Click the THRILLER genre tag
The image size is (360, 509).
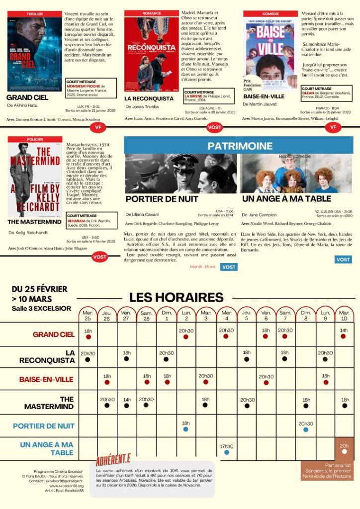click(34, 14)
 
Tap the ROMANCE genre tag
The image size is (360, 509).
click(151, 13)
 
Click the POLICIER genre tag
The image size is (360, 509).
click(35, 139)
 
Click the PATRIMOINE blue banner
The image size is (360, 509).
click(240, 146)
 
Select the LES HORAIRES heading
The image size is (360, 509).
click(177, 297)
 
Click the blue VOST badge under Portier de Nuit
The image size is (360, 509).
click(229, 267)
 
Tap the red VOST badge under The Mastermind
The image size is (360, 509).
click(99, 257)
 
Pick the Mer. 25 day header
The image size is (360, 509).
click(88, 315)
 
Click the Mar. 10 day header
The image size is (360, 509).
click(344, 315)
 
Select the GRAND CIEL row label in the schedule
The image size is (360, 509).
click(54, 335)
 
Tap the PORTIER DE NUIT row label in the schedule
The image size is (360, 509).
click(44, 426)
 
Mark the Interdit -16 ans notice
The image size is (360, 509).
click(202, 267)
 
